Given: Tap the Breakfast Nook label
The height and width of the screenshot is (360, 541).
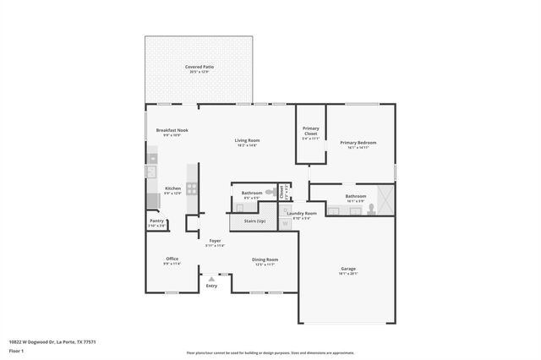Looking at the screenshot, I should (172, 130).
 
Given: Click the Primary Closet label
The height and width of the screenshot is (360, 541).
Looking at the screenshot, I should (310, 131).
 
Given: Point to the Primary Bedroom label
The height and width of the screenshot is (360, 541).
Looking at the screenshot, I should (358, 143).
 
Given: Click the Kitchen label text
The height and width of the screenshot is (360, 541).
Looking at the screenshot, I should (172, 188).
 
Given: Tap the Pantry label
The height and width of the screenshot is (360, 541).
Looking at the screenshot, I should (156, 221).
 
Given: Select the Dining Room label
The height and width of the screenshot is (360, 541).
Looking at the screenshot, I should (265, 259).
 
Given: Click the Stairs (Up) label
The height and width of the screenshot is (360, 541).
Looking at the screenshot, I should (254, 221).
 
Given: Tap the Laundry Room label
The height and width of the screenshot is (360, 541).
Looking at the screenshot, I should (301, 214).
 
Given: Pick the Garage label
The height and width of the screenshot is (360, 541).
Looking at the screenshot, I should (348, 270).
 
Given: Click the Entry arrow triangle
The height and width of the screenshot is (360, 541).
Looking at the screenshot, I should (211, 278).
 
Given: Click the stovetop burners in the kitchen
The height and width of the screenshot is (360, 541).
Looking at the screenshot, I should (192, 189).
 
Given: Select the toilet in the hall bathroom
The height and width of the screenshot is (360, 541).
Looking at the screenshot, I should (270, 193).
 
